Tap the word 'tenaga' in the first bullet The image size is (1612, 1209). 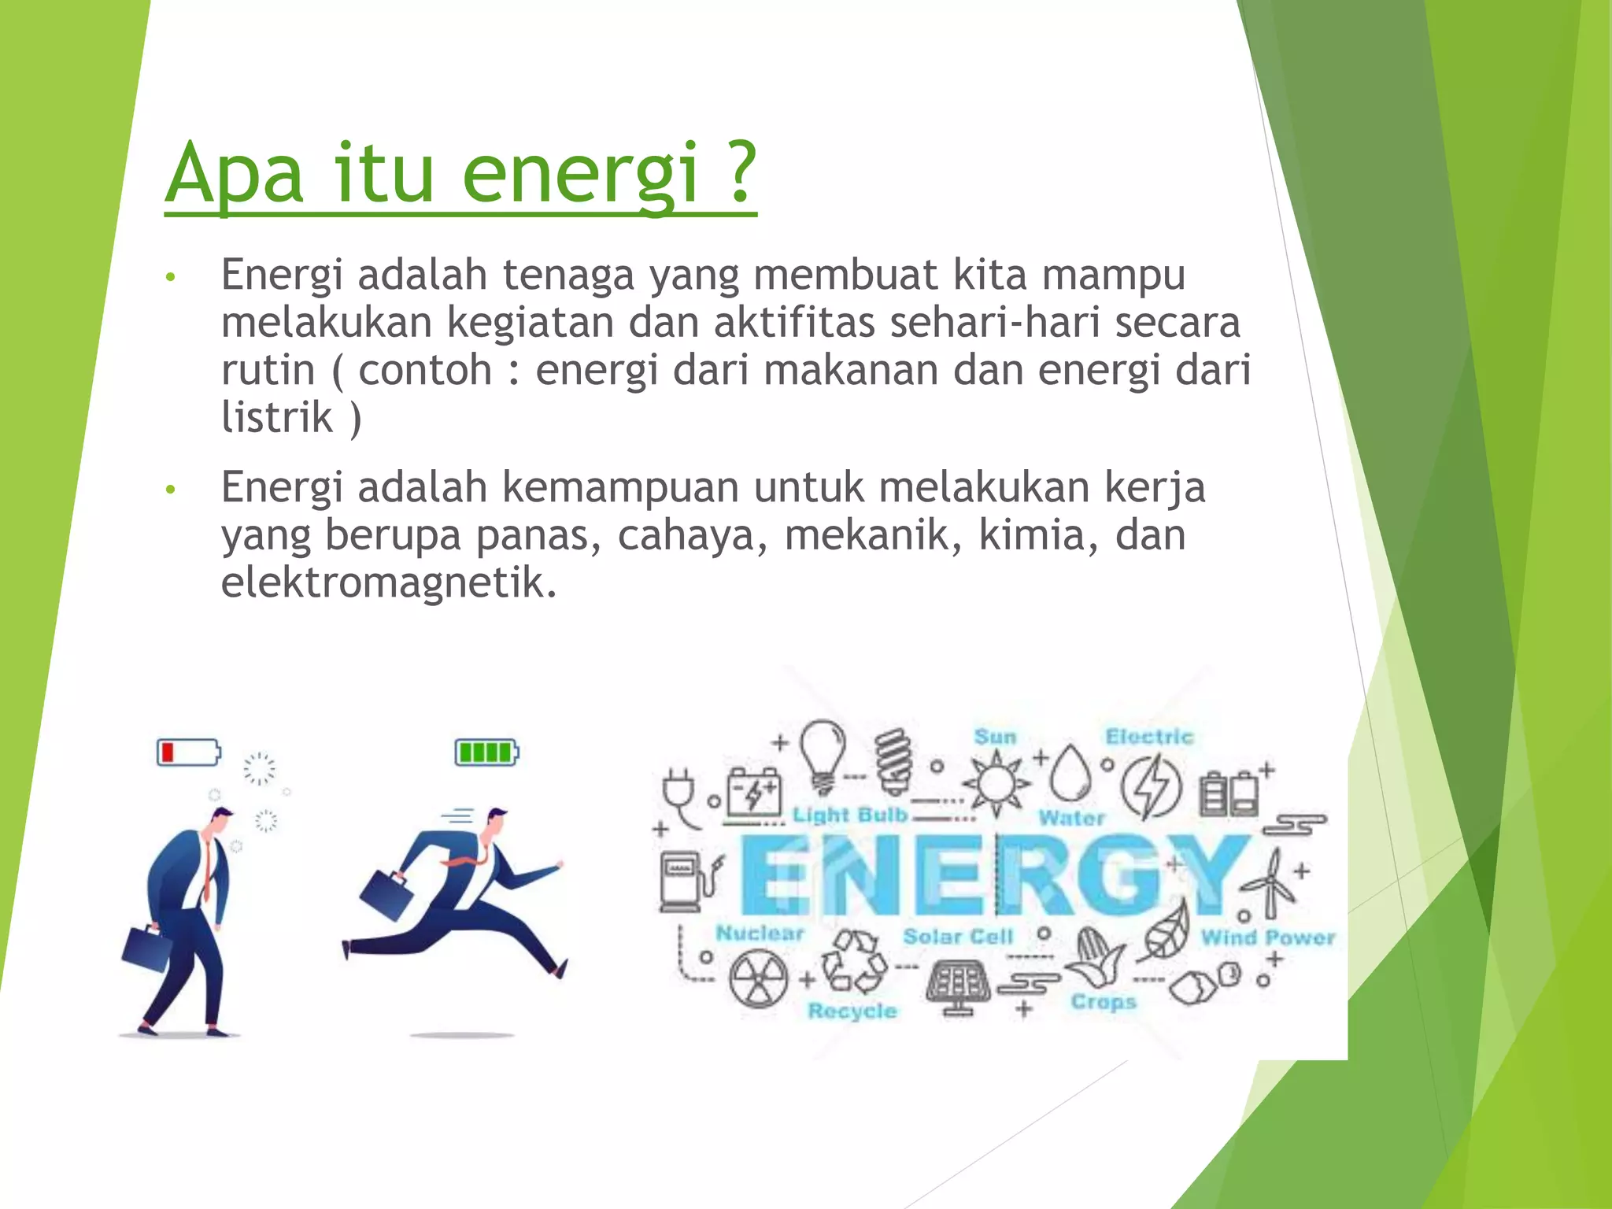pos(568,275)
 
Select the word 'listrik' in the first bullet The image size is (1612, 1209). pos(277,417)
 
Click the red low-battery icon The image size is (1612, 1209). pos(188,752)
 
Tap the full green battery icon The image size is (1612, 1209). pos(486,752)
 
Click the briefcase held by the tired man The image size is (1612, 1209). pos(147,954)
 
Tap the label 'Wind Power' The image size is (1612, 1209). pos(1267,937)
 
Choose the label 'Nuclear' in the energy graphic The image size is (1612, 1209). pos(760,934)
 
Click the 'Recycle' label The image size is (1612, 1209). pos(852,1011)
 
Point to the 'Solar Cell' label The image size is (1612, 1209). pos(958,937)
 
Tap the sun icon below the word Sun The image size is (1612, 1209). pos(996,783)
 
